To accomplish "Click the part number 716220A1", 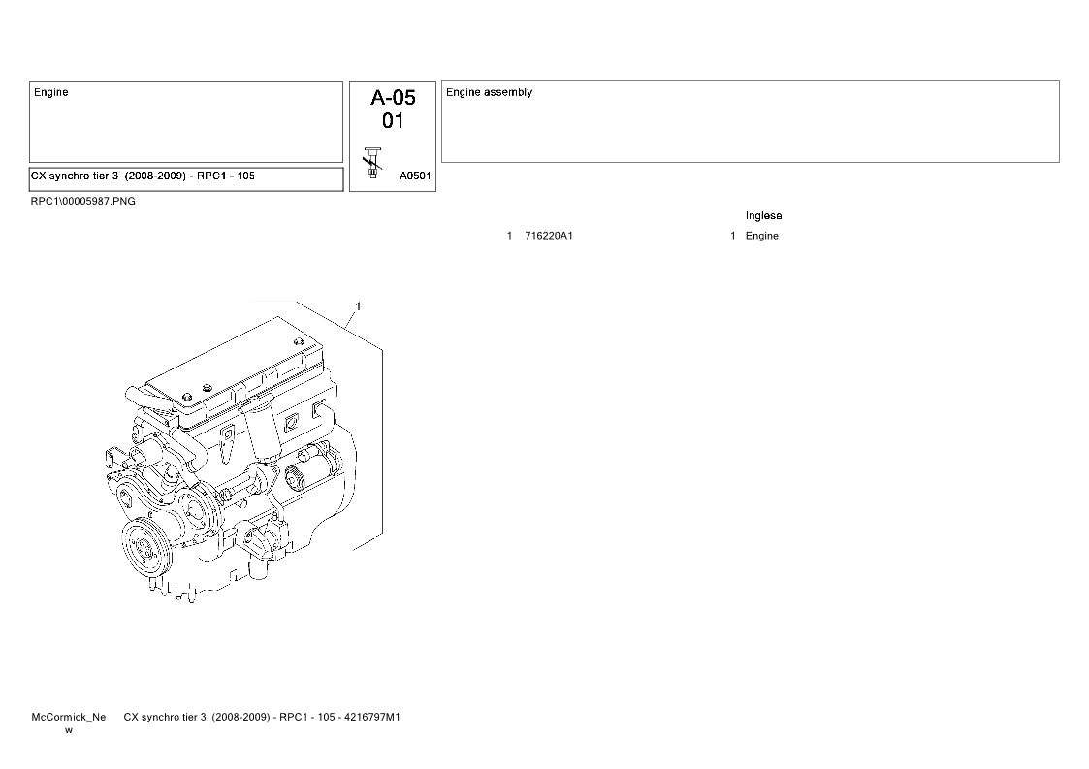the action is point(549,236).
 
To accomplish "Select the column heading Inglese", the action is point(763,216).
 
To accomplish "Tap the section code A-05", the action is point(393,97).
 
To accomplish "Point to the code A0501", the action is point(415,176).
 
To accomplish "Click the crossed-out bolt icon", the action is point(373,163).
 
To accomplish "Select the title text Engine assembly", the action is point(489,92).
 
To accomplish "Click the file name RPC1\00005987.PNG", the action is point(83,202).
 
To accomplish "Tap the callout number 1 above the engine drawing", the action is point(358,306).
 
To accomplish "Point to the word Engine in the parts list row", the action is point(762,237).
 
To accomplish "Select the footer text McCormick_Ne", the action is point(69,717).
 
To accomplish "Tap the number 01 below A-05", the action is point(393,121).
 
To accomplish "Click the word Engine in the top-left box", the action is point(50,92).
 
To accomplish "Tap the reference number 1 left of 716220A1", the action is point(509,236).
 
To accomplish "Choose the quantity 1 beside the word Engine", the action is point(733,236).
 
